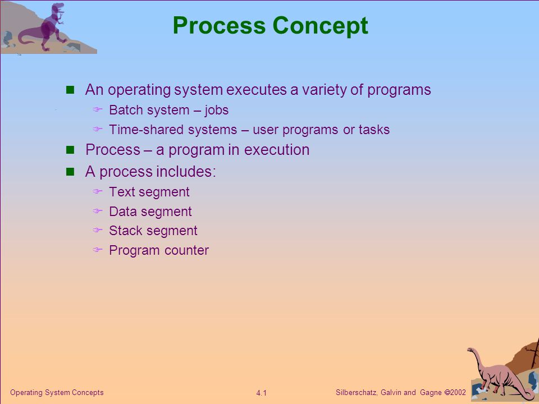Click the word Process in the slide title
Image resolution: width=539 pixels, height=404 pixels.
tap(219, 25)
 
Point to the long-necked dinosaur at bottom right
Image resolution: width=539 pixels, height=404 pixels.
tap(499, 374)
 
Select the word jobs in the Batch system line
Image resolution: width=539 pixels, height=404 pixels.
tap(217, 111)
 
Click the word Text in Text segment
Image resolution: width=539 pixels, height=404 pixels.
tap(122, 192)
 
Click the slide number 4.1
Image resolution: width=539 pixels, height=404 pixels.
tap(261, 393)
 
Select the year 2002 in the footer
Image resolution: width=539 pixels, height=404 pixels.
tap(458, 392)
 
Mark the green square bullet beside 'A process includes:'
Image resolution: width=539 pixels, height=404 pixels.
tap(70, 172)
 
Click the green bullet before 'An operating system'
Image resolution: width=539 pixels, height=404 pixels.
tap(70, 90)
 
